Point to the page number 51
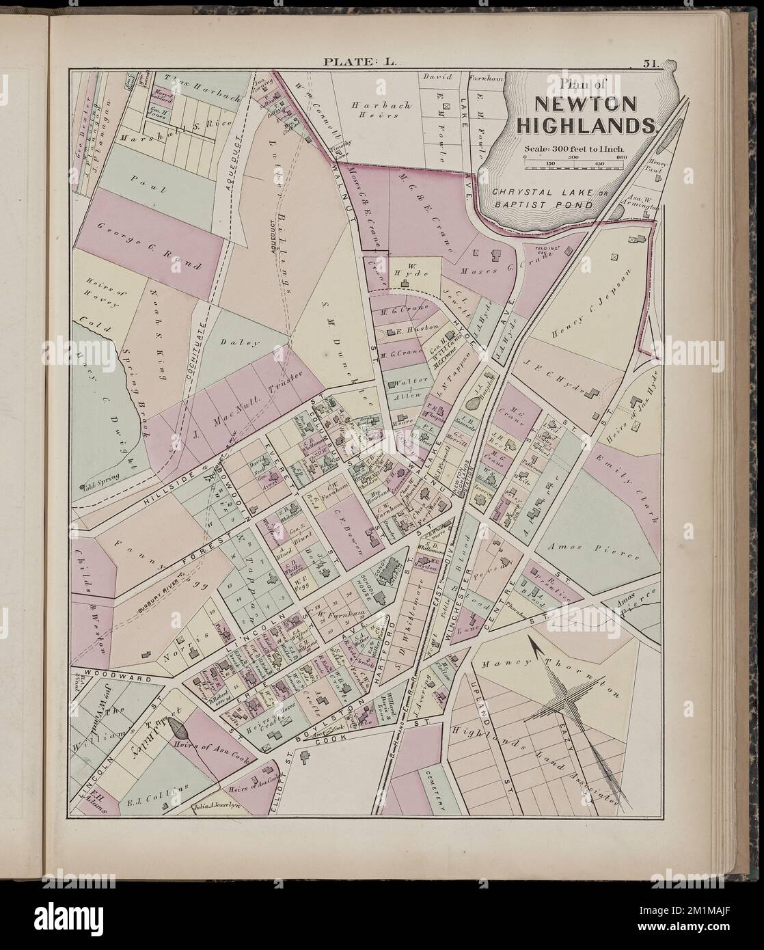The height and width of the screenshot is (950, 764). click(649, 64)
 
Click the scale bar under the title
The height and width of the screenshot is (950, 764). click(575, 158)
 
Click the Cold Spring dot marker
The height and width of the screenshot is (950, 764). click(83, 487)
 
